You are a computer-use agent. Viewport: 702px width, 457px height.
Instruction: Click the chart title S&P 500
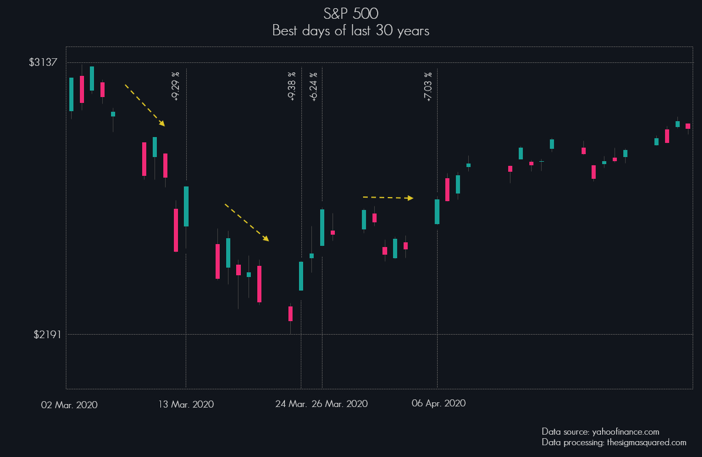click(351, 14)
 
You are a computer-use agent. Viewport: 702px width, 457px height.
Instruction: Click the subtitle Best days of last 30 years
click(351, 31)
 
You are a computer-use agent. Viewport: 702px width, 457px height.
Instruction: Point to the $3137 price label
click(43, 62)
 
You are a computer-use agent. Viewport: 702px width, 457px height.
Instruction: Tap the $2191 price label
click(43, 335)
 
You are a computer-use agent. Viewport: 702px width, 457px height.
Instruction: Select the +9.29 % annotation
click(176, 86)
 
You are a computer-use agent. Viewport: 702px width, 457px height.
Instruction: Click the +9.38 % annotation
click(292, 86)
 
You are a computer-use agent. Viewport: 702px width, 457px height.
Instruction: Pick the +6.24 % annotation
click(313, 86)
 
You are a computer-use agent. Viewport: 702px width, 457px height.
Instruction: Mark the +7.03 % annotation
click(428, 86)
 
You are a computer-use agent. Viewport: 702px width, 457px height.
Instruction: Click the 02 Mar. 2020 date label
click(69, 405)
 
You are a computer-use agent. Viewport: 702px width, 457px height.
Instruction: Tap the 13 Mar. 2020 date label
click(186, 405)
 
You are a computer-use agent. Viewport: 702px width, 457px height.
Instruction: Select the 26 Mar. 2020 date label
click(340, 404)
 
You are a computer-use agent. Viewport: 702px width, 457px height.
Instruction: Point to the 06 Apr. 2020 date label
click(439, 403)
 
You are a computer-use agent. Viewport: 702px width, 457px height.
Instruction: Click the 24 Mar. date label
click(291, 404)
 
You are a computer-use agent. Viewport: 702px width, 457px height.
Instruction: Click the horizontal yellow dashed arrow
click(388, 198)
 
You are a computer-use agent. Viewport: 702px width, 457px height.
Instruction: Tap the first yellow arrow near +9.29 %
click(145, 105)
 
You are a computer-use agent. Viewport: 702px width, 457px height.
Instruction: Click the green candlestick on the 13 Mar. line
click(186, 206)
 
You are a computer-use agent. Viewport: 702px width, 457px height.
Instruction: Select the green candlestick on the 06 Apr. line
click(437, 212)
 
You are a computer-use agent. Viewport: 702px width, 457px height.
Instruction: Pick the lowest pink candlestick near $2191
click(290, 313)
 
